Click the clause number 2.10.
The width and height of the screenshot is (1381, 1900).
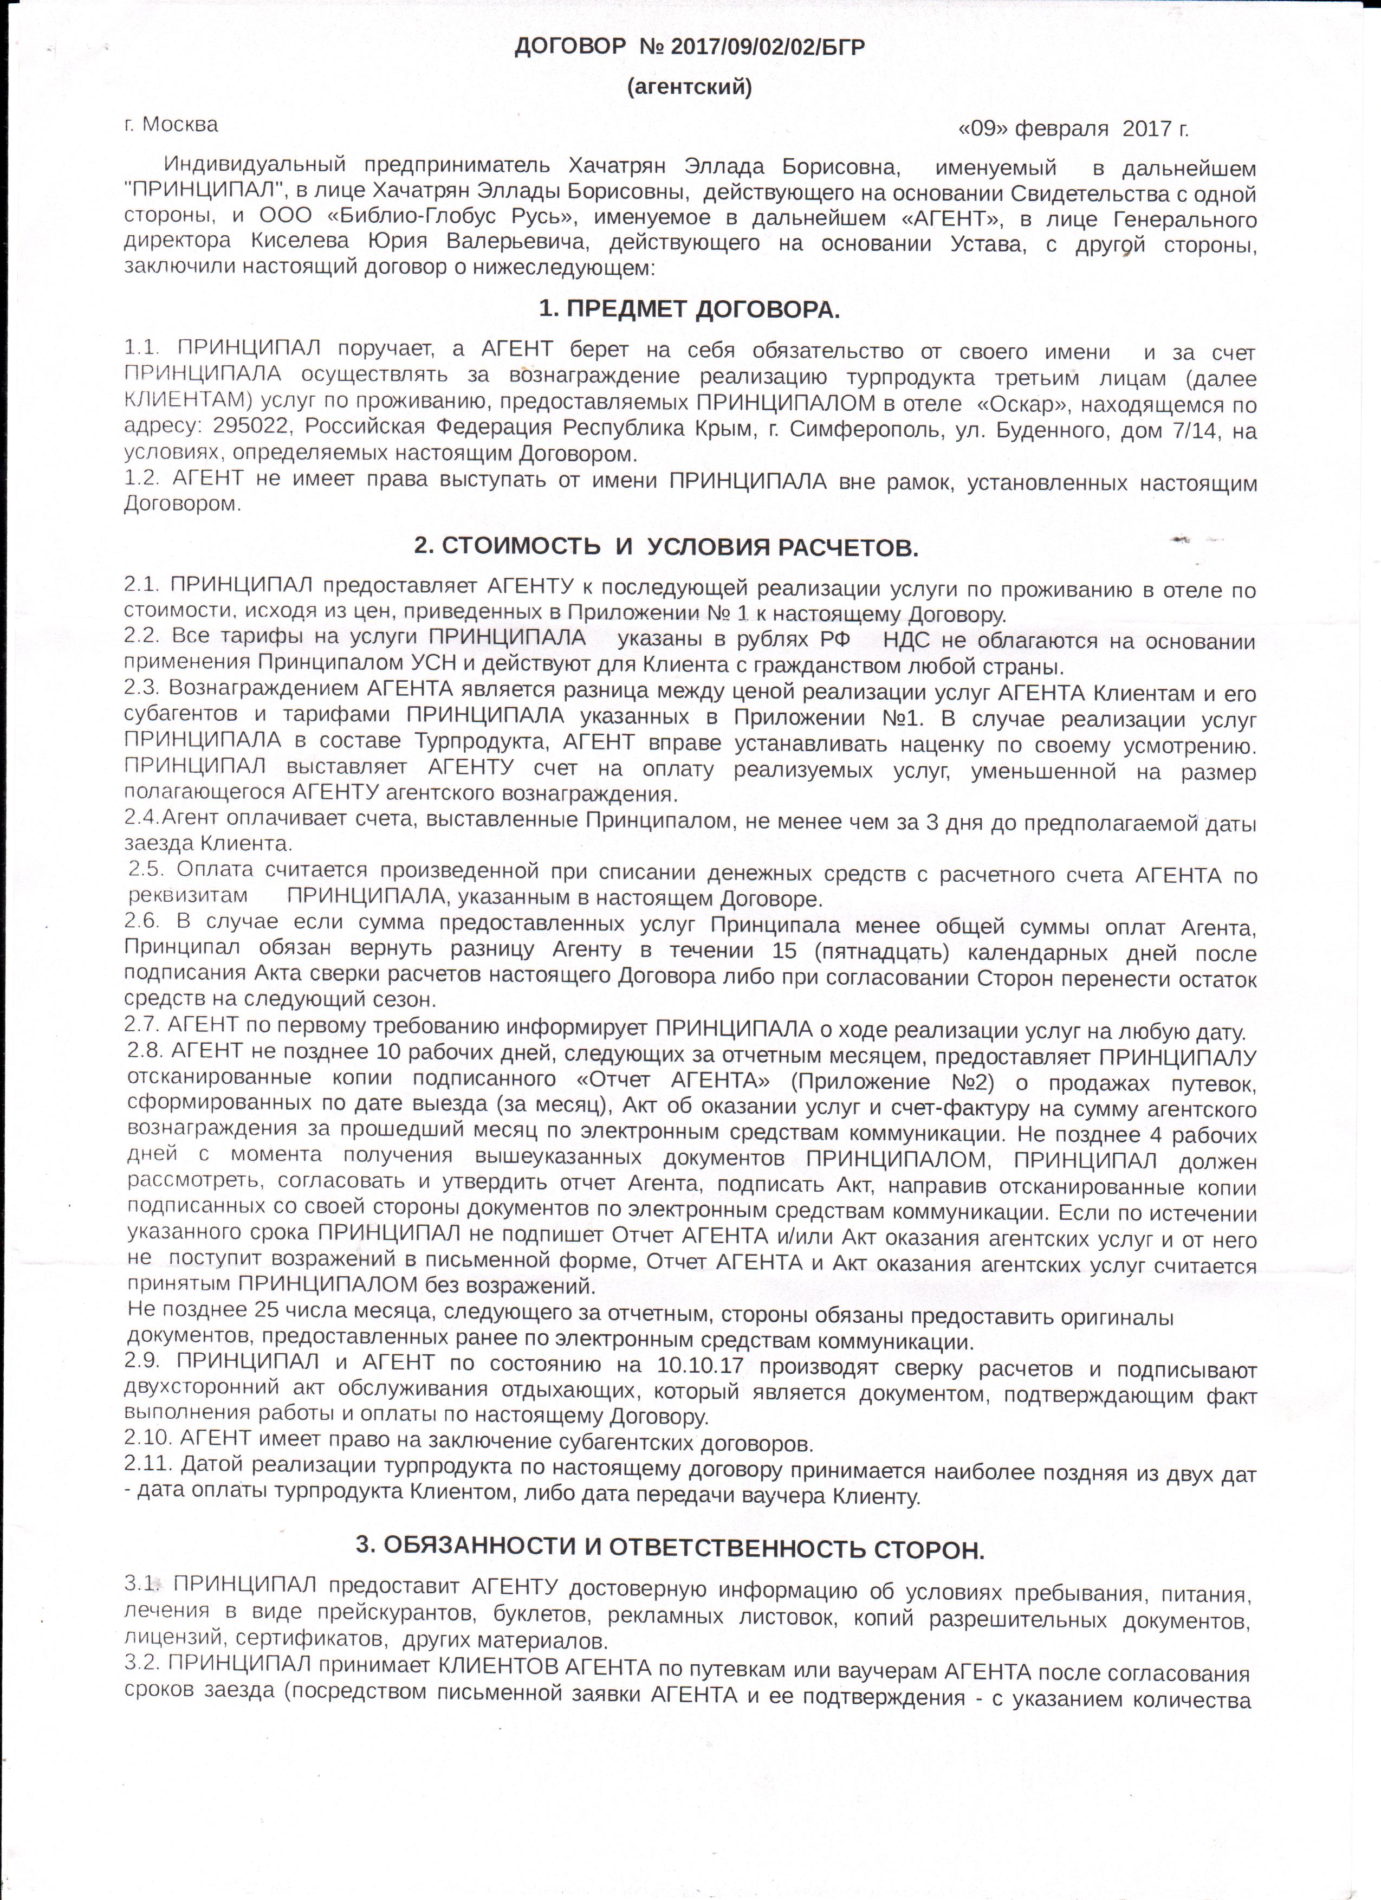[147, 1443]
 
